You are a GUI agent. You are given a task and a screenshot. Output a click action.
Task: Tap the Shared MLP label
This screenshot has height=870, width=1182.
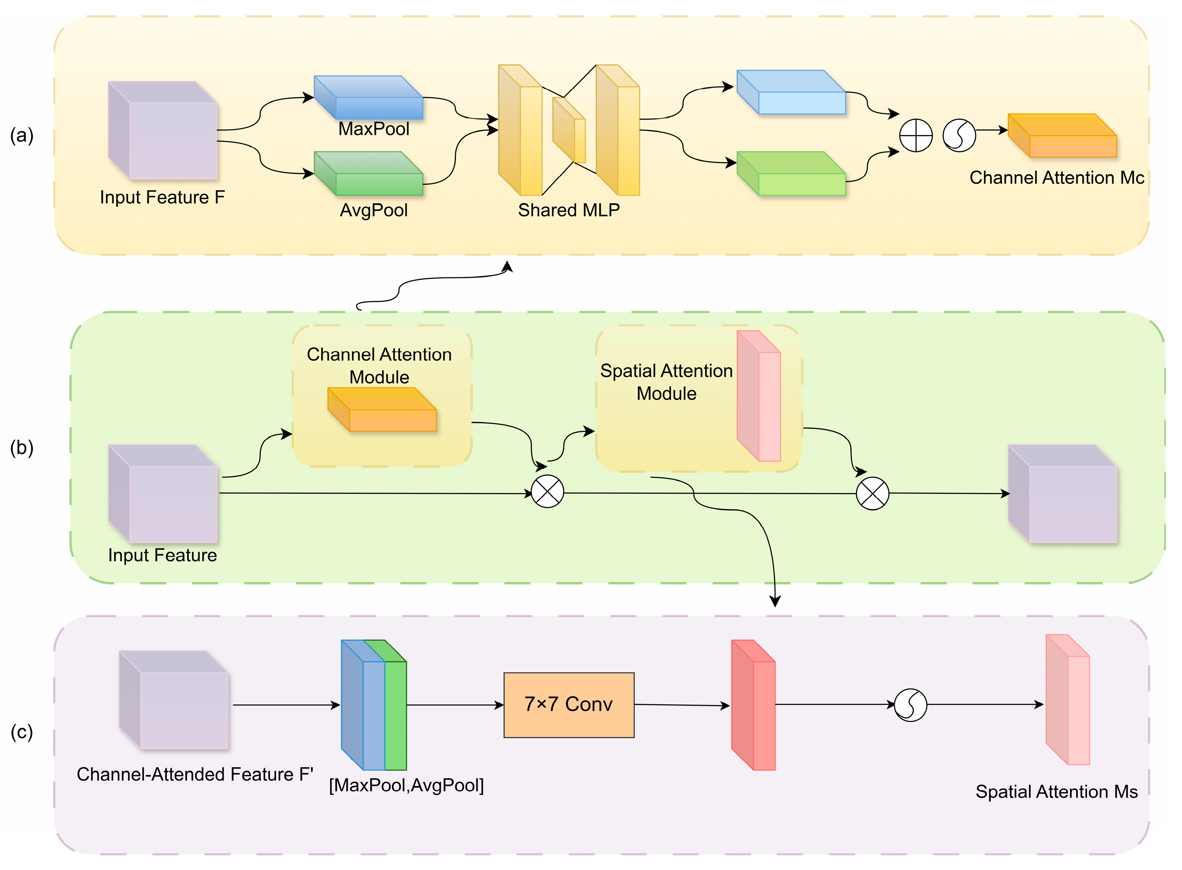click(x=569, y=210)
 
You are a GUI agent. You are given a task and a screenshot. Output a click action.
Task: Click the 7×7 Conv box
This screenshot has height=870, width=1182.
click(x=569, y=705)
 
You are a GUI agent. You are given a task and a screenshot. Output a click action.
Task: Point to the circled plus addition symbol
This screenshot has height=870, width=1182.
click(x=916, y=135)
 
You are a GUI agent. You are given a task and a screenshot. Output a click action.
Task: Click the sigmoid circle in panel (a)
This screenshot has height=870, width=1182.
click(x=959, y=135)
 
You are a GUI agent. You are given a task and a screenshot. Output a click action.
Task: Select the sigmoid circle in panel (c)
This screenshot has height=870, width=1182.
click(x=910, y=705)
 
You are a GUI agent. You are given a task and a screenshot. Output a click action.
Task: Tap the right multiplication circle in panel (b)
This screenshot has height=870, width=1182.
click(x=872, y=493)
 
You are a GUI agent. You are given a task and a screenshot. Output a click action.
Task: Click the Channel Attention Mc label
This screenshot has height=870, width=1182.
click(x=1056, y=178)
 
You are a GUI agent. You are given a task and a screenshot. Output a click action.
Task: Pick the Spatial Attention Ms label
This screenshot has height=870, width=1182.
click(x=1056, y=792)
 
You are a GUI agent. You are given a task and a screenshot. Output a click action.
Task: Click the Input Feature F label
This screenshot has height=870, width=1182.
click(x=162, y=197)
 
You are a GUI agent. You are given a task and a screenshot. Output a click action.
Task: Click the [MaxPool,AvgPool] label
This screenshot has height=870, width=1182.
click(x=406, y=785)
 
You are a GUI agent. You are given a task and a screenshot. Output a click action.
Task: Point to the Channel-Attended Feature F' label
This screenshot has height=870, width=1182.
click(x=195, y=774)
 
